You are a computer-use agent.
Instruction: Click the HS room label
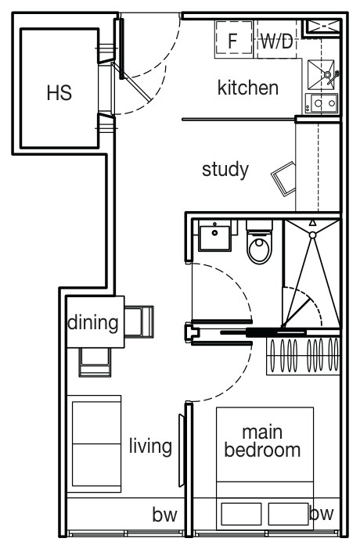pos(59,93)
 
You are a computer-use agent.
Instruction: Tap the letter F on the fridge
pos(232,41)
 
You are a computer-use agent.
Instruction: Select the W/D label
pos(277,41)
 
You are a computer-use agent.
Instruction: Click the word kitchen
pos(248,88)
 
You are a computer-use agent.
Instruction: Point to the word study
pos(225,170)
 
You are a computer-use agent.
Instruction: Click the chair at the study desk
pos(284,179)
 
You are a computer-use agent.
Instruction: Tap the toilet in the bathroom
pos(259,242)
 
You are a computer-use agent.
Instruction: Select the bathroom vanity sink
pos(215,235)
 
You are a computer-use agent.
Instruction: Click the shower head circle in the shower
pos(312,235)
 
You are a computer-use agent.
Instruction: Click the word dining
pos(93,322)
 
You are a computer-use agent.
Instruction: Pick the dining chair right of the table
pos(139,321)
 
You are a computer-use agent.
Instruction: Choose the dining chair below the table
pos(95,362)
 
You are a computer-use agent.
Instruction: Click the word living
pos(150,447)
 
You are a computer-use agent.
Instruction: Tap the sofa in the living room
pos(94,444)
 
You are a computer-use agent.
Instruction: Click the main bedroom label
pos(262,442)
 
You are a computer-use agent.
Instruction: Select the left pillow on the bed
pos(242,514)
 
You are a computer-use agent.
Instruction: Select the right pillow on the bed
pos(289,514)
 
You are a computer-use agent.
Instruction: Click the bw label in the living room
pos(165,515)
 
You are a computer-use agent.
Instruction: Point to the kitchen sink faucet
pos(332,77)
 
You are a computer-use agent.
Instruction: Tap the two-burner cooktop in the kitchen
pos(322,103)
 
